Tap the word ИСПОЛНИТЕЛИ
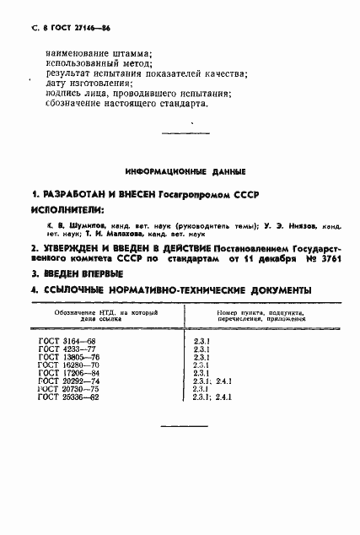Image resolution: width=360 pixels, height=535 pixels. tap(68, 209)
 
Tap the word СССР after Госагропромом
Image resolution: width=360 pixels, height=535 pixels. tap(245, 194)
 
